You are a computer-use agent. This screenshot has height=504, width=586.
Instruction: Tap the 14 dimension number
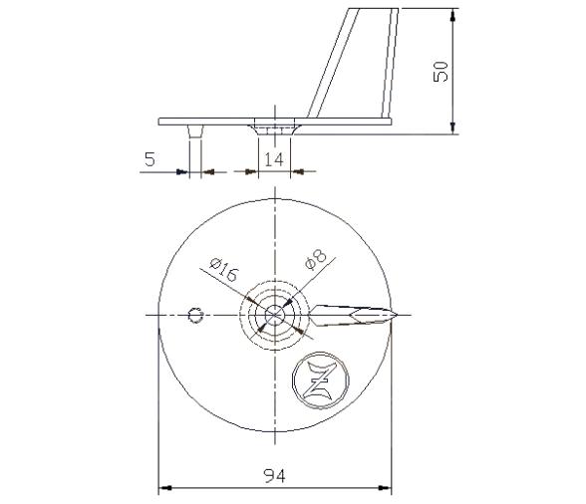coord(272,157)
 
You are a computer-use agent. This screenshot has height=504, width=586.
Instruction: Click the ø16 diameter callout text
coord(222,270)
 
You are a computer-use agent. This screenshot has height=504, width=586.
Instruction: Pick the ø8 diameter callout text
coord(315,258)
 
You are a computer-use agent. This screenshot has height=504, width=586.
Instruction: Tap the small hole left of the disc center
coord(195,316)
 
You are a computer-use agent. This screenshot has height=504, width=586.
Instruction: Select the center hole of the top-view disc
coord(274,315)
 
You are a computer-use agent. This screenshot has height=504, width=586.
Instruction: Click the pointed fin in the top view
coord(354,314)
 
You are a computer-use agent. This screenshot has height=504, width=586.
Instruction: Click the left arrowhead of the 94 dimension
coord(164,488)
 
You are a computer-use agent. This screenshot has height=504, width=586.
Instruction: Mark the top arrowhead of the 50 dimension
coord(455,14)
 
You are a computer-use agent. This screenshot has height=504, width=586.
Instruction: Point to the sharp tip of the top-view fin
coord(401,314)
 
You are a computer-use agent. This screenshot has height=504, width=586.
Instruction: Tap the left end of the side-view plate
coord(160,122)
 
